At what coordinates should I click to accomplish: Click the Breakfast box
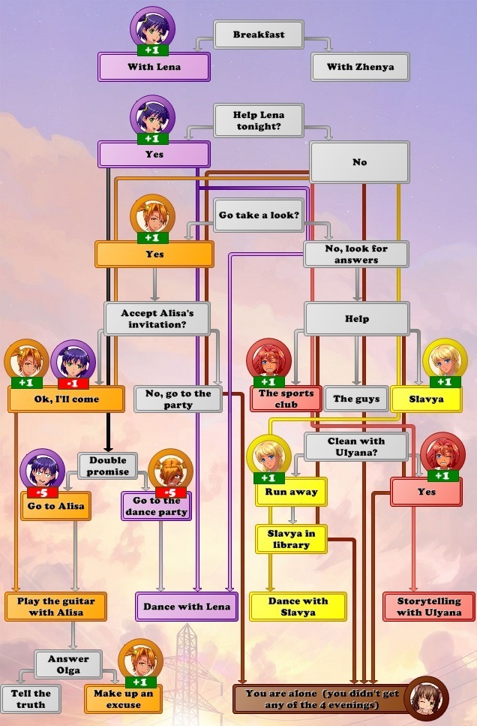point(258,35)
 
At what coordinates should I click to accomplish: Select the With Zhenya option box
point(360,67)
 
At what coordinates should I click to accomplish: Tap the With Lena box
point(154,67)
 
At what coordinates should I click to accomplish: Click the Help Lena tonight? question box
point(258,120)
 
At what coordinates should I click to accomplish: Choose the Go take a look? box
point(259,215)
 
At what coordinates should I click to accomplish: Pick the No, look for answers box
point(356,254)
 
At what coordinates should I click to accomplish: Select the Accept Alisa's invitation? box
point(157,318)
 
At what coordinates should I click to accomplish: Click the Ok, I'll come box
point(66,399)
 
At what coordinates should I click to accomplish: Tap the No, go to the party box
point(178,399)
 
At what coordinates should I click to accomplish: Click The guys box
point(355,399)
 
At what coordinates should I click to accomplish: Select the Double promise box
point(108,465)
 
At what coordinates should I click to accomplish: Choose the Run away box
point(291,492)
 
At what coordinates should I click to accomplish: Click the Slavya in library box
point(291,538)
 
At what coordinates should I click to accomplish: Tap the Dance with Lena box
point(187,606)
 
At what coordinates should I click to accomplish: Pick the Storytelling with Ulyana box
point(428,606)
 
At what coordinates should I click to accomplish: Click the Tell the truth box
point(31,698)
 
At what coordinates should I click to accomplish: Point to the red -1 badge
point(73,383)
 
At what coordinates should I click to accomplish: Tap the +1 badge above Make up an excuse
point(140,682)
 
